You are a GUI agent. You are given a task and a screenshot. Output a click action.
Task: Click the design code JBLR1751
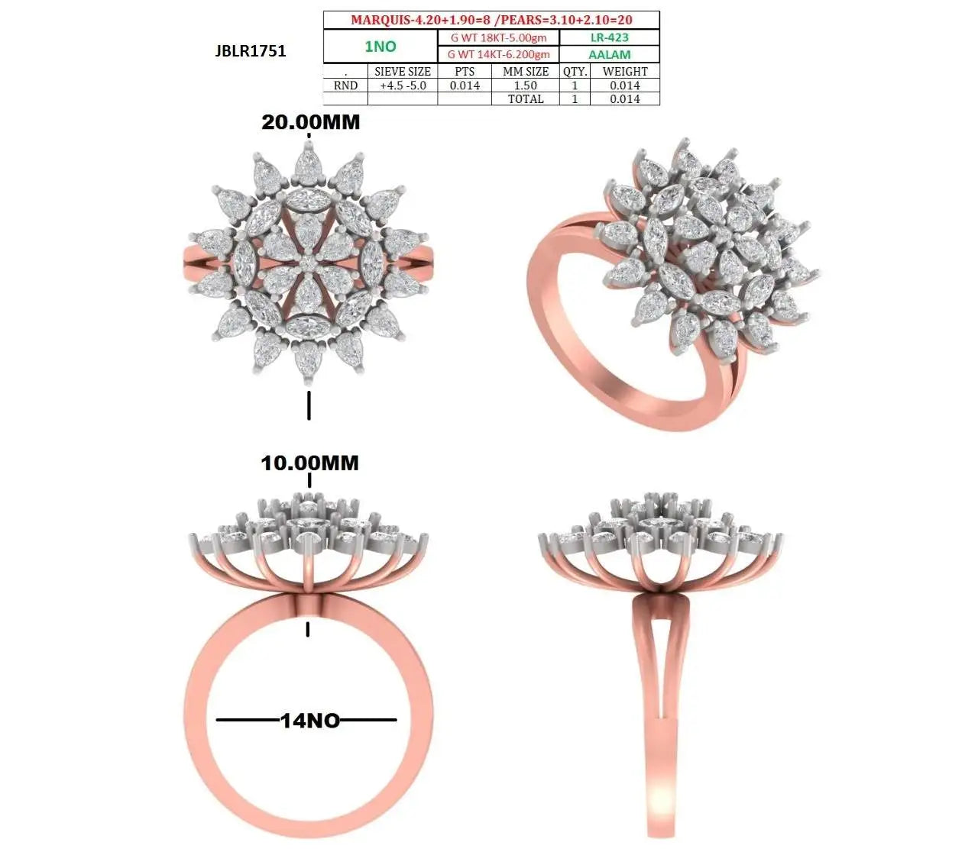pyautogui.click(x=250, y=51)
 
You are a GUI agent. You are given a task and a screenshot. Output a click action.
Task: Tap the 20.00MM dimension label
pyautogui.click(x=311, y=122)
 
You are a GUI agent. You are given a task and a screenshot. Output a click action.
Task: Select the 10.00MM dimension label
pyautogui.click(x=310, y=463)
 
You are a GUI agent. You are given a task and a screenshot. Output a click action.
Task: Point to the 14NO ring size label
pyautogui.click(x=310, y=721)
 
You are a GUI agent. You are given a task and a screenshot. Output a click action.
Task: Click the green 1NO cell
pyautogui.click(x=381, y=47)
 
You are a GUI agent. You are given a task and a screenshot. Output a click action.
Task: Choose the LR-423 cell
pyautogui.click(x=609, y=37)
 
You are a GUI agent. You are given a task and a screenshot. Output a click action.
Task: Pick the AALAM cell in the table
pyautogui.click(x=609, y=54)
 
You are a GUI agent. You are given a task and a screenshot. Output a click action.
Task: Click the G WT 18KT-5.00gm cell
pyautogui.click(x=499, y=37)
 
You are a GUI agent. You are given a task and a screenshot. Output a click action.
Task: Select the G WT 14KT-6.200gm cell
pyautogui.click(x=499, y=54)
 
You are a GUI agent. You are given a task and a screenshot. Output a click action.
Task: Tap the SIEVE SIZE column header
pyautogui.click(x=403, y=72)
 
